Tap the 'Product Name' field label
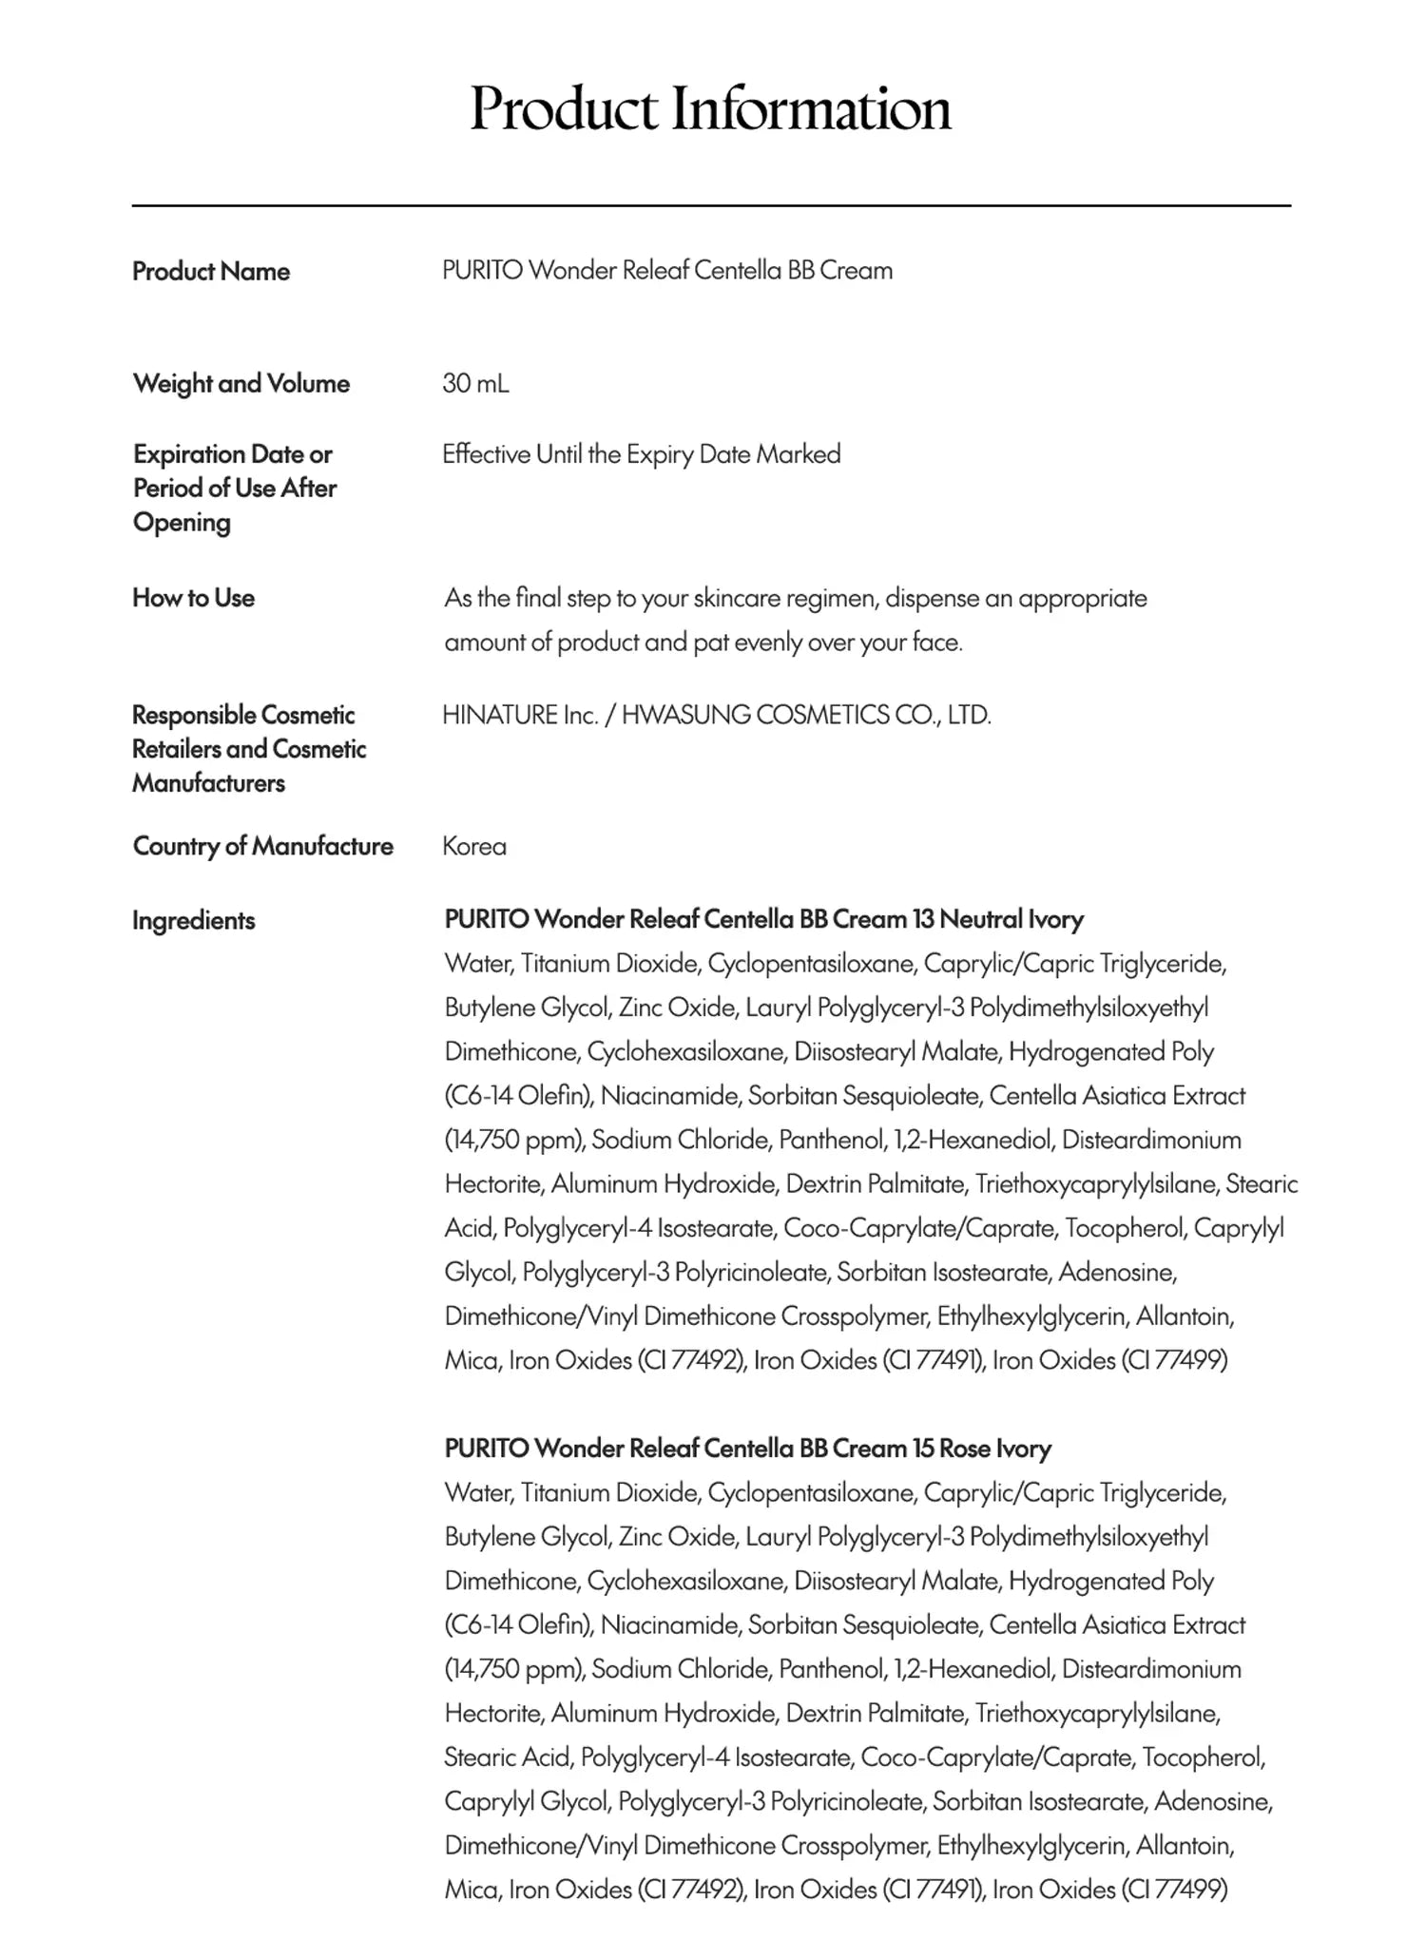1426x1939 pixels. pyautogui.click(x=211, y=271)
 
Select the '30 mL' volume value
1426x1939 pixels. pyautogui.click(x=475, y=383)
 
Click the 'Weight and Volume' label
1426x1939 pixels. pyautogui.click(x=241, y=383)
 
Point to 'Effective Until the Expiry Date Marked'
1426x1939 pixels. pyautogui.click(x=642, y=453)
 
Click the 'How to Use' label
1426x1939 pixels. pyautogui.click(x=194, y=598)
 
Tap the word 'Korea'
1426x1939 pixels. pyautogui.click(x=474, y=846)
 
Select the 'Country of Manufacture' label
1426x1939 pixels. pyautogui.click(x=262, y=846)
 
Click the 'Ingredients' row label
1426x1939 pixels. pyautogui.click(x=194, y=920)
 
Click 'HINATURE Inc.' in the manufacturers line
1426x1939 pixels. pyautogui.click(x=520, y=715)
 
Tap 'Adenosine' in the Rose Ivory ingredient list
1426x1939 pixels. pyautogui.click(x=1212, y=1801)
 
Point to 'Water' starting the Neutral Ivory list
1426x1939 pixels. pyautogui.click(x=477, y=964)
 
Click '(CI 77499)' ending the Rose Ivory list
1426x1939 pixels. pyautogui.click(x=1174, y=1890)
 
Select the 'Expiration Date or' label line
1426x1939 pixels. pyautogui.click(x=233, y=453)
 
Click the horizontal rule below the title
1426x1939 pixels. pyautogui.click(x=711, y=205)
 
